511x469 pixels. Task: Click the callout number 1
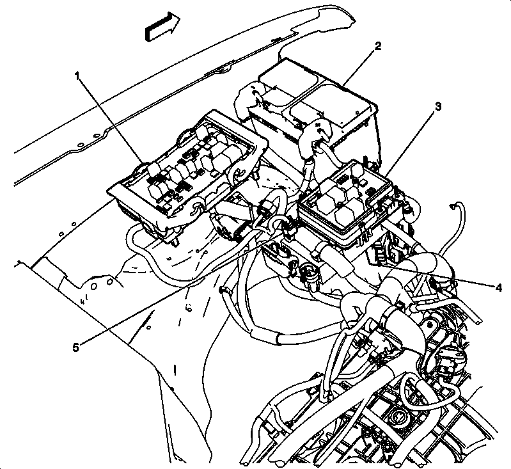tap(77, 76)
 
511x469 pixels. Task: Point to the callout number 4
tap(498, 287)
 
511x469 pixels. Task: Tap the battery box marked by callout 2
tap(313, 109)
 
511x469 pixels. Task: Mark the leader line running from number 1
tap(112, 118)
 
